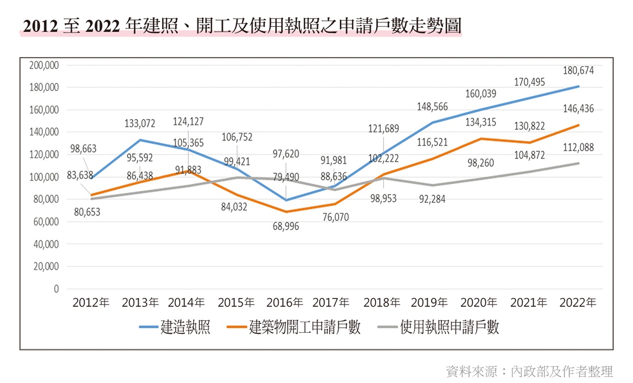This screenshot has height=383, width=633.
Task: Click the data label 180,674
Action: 578,70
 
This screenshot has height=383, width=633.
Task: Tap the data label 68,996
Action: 286,227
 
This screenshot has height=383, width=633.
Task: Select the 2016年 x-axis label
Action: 284,303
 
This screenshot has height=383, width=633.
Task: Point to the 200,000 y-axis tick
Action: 44,65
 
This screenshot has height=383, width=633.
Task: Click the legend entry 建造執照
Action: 175,327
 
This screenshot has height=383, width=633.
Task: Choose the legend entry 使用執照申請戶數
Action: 438,327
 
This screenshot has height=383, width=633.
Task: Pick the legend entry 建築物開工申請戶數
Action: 294,327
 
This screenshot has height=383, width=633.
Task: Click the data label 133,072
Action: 140,124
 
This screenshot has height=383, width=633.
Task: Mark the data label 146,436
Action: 578,109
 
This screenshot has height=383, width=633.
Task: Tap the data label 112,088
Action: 578,147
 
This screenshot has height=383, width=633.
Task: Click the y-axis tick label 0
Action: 56,289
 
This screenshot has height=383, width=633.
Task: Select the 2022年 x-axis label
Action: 578,303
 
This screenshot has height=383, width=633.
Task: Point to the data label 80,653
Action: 87,212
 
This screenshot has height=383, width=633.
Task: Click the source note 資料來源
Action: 472,371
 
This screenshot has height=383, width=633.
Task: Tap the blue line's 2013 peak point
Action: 140,140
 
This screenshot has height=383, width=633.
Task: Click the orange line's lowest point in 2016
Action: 286,212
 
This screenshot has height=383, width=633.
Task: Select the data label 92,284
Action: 432,199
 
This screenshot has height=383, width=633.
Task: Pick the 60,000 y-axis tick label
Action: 46,222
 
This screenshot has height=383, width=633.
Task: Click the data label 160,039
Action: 481,94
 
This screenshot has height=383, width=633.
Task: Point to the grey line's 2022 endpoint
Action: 578,163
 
